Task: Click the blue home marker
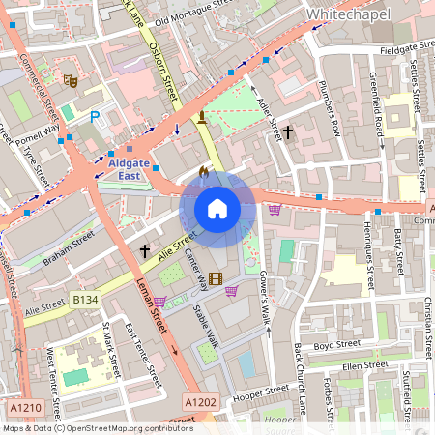(217, 209)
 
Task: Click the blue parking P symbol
(95, 117)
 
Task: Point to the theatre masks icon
(69, 80)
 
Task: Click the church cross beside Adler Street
(289, 130)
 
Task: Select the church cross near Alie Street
(145, 250)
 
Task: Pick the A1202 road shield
(200, 401)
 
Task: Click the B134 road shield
(86, 303)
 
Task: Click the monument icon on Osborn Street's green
(201, 119)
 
